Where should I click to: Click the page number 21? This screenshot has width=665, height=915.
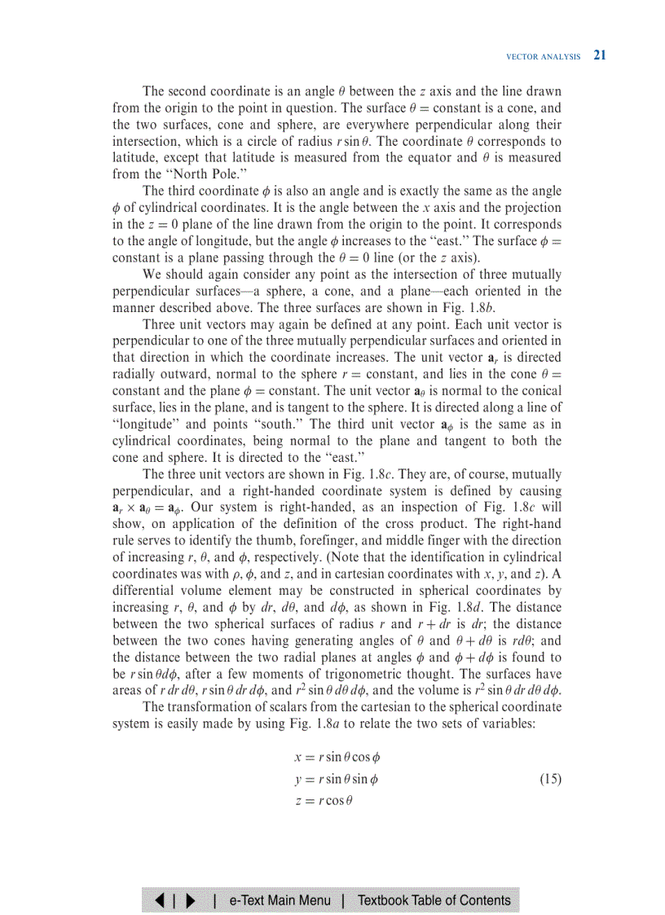click(600, 55)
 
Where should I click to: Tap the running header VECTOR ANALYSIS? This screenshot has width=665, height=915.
click(544, 57)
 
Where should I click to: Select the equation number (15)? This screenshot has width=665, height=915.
click(550, 779)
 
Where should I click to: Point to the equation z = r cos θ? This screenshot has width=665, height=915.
click(324, 800)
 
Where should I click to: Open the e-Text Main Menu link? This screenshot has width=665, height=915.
click(280, 900)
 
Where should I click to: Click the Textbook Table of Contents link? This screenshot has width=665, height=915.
click(434, 900)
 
